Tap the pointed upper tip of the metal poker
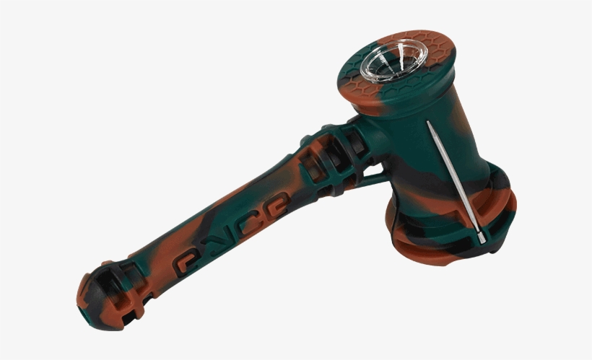[428, 123]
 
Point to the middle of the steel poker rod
[453, 178]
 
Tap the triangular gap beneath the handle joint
[373, 170]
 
